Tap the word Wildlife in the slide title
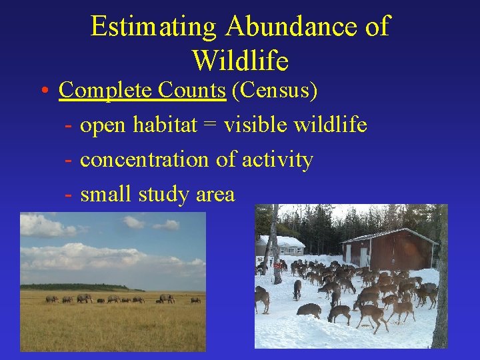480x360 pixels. pyautogui.click(x=240, y=61)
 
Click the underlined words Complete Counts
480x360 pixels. pyautogui.click(x=142, y=90)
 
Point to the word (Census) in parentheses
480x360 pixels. pyautogui.click(x=274, y=90)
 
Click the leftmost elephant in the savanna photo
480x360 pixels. pyautogui.click(x=51, y=299)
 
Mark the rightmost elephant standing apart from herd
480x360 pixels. pyautogui.click(x=195, y=300)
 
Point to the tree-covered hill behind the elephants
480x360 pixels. pyautogui.click(x=73, y=287)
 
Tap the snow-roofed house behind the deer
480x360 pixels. pyautogui.click(x=285, y=245)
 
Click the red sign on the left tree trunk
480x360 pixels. pyautogui.click(x=277, y=265)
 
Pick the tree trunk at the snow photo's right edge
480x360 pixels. pyautogui.click(x=441, y=280)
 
